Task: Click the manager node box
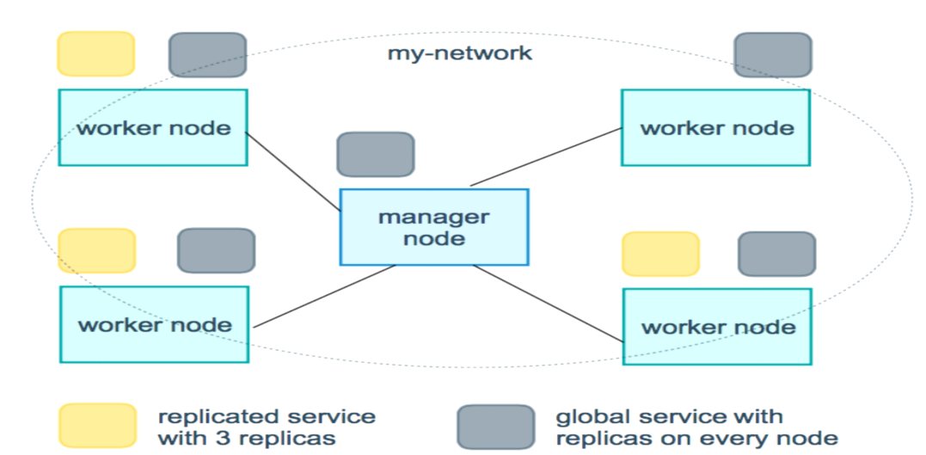434,227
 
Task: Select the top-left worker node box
153,127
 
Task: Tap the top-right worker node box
715,127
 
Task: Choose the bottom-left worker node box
154,324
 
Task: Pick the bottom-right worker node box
717,326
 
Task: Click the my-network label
460,53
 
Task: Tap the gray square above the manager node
376,155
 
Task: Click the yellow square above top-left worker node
95,53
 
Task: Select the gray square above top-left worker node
207,55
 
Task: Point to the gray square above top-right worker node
773,55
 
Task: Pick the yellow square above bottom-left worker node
96,250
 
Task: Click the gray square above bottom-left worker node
216,250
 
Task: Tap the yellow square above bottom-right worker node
660,254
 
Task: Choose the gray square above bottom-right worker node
776,254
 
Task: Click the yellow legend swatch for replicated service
97,426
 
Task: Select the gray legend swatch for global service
495,427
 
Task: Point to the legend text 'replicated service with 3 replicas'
267,427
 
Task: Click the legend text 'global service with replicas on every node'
696,427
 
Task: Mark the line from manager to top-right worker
546,157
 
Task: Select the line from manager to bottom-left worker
325,296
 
